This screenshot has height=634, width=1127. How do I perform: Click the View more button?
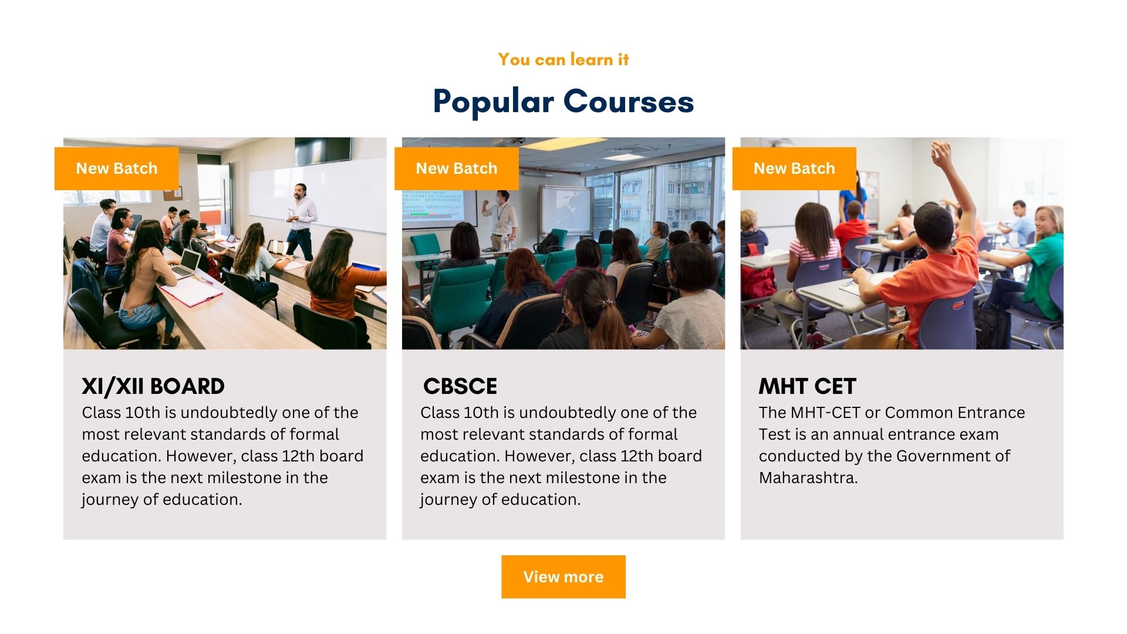click(x=563, y=576)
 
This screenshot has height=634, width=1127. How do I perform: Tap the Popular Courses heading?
click(x=563, y=102)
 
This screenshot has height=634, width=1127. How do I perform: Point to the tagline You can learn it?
click(x=563, y=59)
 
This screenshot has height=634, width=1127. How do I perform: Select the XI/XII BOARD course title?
click(x=153, y=386)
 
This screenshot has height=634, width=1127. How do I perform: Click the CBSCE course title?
click(x=460, y=386)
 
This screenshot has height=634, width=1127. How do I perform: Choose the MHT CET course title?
click(x=808, y=386)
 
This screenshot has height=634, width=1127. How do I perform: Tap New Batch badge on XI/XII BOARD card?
click(x=117, y=168)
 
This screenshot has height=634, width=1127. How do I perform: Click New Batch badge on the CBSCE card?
click(x=457, y=168)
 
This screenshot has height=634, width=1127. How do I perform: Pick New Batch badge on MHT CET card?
click(x=794, y=168)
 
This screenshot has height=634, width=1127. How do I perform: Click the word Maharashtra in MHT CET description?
click(x=807, y=478)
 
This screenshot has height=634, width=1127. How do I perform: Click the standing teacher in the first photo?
click(x=302, y=220)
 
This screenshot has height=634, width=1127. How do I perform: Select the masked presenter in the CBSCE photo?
click(x=500, y=218)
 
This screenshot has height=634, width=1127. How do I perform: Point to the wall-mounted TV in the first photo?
click(x=323, y=151)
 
